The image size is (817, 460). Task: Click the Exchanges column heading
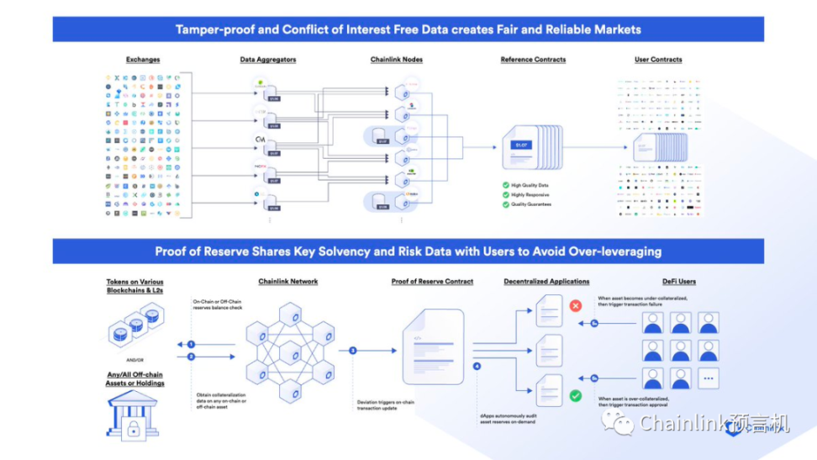pyautogui.click(x=143, y=60)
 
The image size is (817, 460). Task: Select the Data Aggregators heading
pyautogui.click(x=268, y=60)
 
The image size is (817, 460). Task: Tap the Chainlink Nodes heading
pyautogui.click(x=397, y=60)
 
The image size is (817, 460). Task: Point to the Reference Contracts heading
pyautogui.click(x=533, y=60)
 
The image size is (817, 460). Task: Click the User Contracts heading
pyautogui.click(x=658, y=60)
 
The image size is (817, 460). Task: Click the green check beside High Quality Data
pyautogui.click(x=504, y=185)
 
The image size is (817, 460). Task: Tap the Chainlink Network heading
pyautogui.click(x=291, y=282)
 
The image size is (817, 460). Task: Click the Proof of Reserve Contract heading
pyautogui.click(x=433, y=282)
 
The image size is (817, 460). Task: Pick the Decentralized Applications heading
pyautogui.click(x=546, y=282)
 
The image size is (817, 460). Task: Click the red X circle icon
pyautogui.click(x=576, y=306)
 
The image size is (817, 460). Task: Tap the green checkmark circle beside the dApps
pyautogui.click(x=576, y=394)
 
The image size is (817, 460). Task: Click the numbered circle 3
pyautogui.click(x=353, y=350)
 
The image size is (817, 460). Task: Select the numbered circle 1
pyautogui.click(x=192, y=345)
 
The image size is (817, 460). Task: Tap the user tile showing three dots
pyautogui.click(x=707, y=378)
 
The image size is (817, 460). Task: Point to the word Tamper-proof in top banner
pyautogui.click(x=209, y=29)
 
